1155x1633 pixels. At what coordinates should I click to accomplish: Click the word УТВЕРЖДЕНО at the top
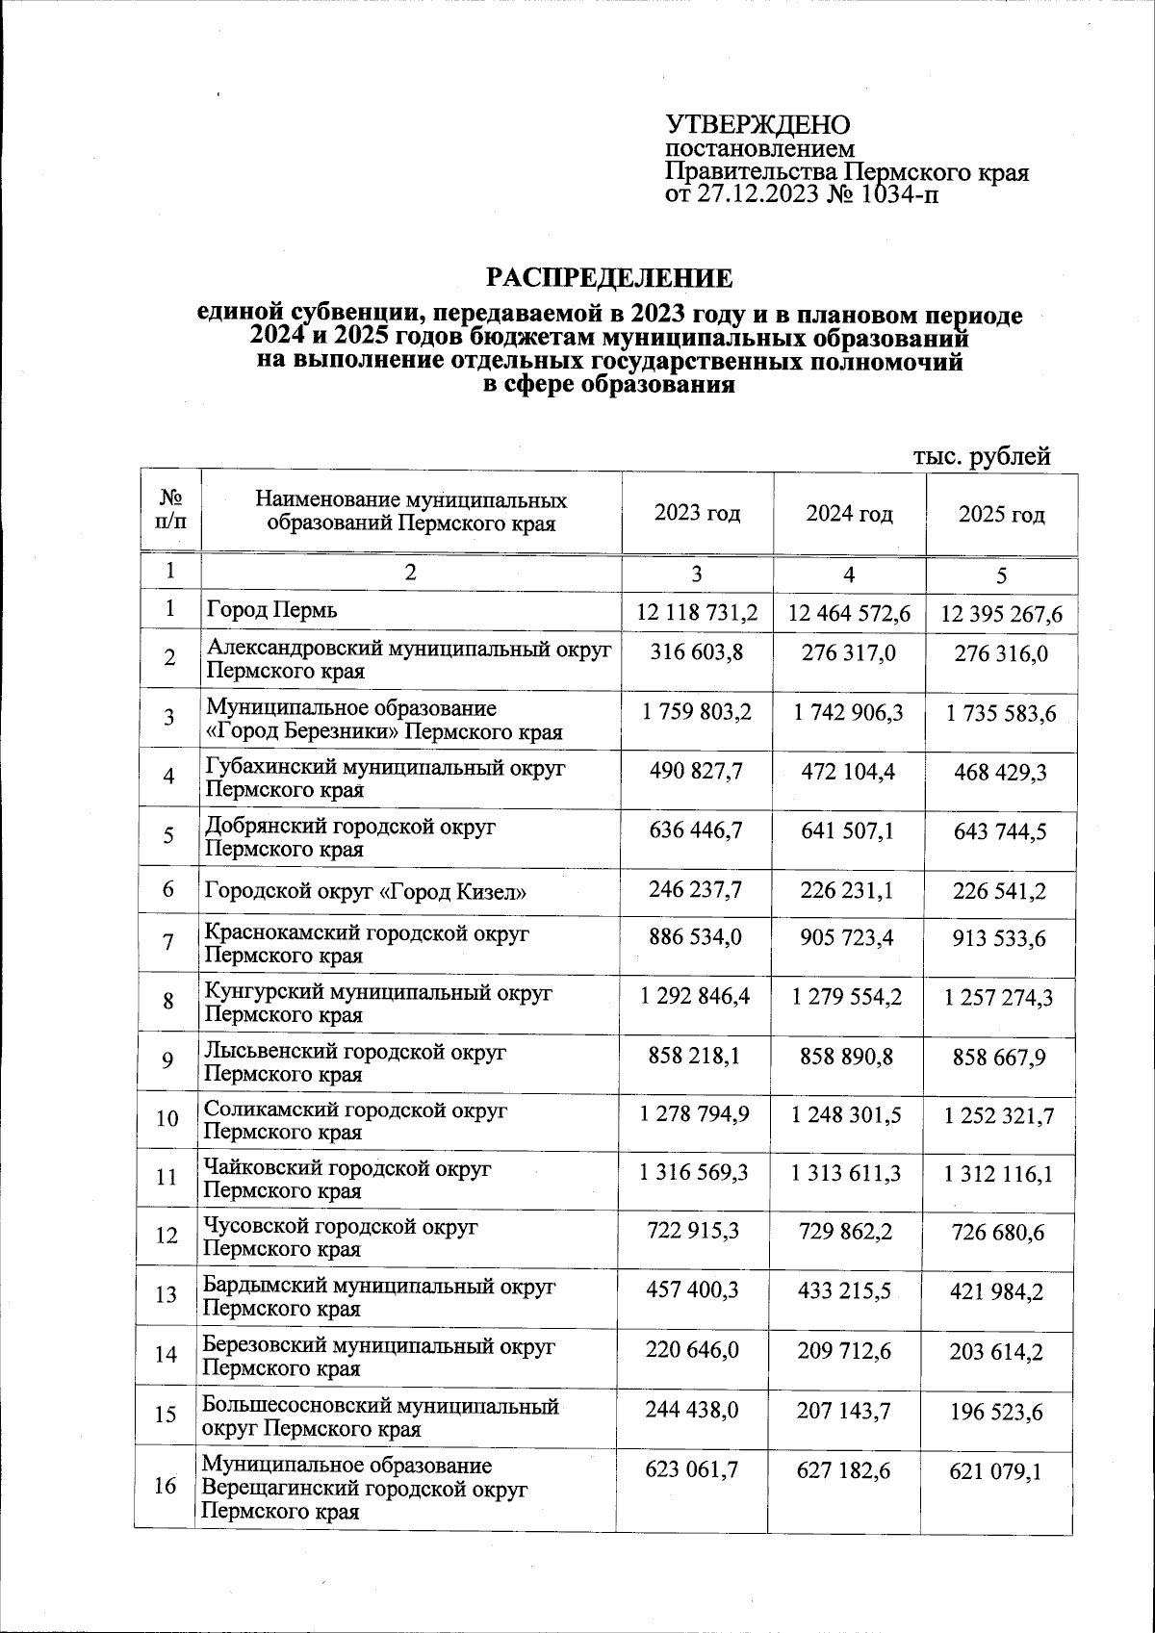758,125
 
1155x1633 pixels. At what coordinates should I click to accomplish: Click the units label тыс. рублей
980,457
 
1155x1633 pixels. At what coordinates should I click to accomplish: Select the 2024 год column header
849,514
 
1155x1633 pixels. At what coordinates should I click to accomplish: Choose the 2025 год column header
1001,515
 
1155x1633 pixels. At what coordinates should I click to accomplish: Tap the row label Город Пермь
272,610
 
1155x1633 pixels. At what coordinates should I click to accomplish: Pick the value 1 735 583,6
999,714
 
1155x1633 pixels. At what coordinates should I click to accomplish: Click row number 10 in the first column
167,1119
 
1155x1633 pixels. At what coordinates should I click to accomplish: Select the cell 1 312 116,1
999,1174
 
